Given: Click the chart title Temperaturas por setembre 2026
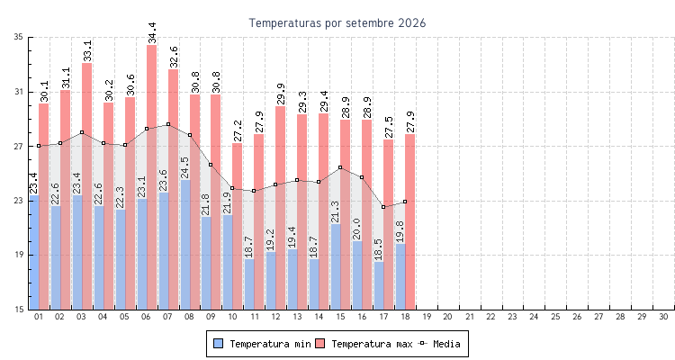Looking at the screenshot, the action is click(337, 22).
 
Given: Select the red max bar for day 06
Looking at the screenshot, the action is click(151, 177).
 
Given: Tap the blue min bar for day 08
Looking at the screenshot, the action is click(185, 245).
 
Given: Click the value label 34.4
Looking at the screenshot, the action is click(151, 33).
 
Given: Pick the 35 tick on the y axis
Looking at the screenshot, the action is click(18, 37).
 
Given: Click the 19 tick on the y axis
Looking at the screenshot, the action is click(18, 255).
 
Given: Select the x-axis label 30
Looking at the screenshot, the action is click(663, 317).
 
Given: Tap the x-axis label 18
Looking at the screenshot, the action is click(405, 317).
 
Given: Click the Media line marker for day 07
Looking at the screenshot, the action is click(168, 124).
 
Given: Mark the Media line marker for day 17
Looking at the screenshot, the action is click(383, 207).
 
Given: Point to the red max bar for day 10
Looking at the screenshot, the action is click(238, 226).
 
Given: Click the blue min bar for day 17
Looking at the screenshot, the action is click(379, 285).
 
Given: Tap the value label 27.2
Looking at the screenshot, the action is click(238, 130).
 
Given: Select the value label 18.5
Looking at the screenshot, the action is click(379, 250).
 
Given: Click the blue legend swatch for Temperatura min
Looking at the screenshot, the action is click(219, 344).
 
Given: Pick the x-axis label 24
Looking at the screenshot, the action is click(534, 317).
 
